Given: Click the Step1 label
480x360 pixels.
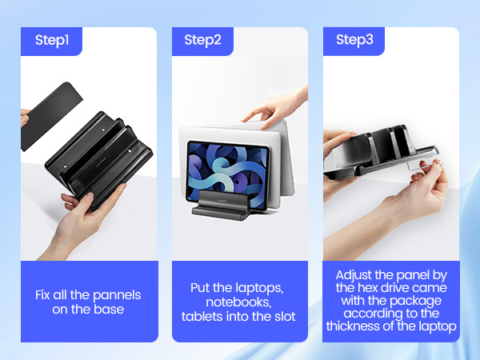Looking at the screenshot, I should (x=52, y=40).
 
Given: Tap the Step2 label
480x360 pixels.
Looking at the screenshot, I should (x=202, y=40).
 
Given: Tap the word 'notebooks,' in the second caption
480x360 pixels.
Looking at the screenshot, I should (x=240, y=302).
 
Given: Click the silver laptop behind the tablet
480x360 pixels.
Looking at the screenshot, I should (x=276, y=160).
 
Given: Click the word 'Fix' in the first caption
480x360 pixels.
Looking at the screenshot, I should (x=45, y=294).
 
